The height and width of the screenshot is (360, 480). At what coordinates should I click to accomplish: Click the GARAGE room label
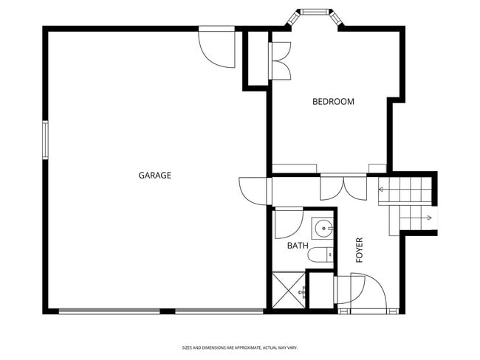[155, 176]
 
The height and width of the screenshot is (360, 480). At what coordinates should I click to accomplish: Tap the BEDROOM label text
[333, 102]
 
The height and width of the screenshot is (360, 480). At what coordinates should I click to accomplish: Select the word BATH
[298, 246]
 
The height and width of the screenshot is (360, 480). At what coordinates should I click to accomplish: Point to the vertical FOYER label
[360, 251]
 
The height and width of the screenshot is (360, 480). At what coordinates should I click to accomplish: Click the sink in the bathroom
[322, 229]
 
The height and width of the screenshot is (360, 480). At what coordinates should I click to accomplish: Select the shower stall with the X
[289, 290]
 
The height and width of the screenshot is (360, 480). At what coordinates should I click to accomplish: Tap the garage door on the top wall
[216, 47]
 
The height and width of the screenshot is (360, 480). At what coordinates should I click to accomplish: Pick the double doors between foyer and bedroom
[343, 187]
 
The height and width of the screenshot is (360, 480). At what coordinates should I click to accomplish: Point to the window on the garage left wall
[45, 140]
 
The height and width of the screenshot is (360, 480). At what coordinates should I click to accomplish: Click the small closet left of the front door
[320, 291]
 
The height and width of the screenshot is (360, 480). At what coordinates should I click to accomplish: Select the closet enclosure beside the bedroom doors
[256, 60]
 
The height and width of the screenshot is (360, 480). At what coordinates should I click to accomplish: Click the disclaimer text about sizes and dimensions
[240, 347]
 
